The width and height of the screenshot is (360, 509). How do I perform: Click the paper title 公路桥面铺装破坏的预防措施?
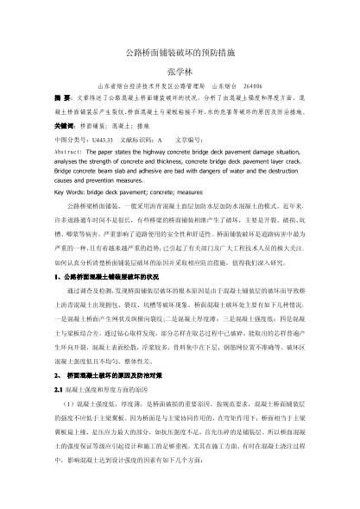(x=180, y=53)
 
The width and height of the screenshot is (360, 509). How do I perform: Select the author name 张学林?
(x=180, y=71)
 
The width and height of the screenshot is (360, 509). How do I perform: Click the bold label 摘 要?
(x=61, y=100)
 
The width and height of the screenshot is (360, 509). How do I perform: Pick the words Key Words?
(x=72, y=193)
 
